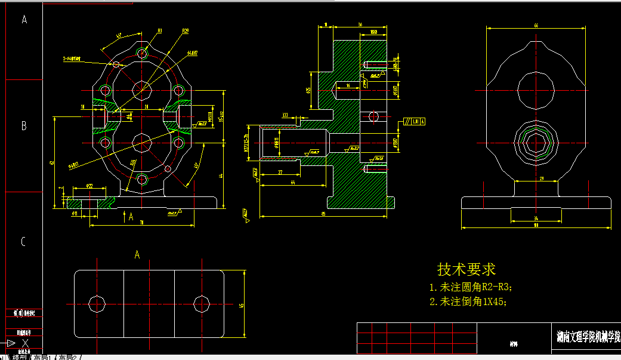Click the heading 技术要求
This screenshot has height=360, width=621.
pyautogui.click(x=466, y=269)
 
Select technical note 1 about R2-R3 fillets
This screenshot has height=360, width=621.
pyautogui.click(x=471, y=287)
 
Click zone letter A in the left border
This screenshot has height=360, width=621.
pyautogui.click(x=24, y=20)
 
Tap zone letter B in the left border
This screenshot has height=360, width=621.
pyautogui.click(x=24, y=126)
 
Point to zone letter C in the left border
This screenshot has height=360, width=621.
pyautogui.click(x=24, y=242)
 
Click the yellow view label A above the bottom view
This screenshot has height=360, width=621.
pyautogui.click(x=137, y=255)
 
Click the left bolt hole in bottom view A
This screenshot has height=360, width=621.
pyautogui.click(x=97, y=303)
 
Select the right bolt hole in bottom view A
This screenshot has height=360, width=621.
pyautogui.click(x=201, y=303)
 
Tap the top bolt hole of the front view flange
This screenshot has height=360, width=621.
pyautogui.click(x=142, y=53)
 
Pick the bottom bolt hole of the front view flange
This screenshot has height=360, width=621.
pyautogui.click(x=142, y=179)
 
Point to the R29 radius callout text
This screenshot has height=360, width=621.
pyautogui.click(x=186, y=31)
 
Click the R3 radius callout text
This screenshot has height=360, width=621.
pyautogui.click(x=160, y=31)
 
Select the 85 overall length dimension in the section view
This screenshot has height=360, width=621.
pyautogui.click(x=323, y=213)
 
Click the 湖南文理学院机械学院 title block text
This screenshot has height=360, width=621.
pyautogui.click(x=587, y=337)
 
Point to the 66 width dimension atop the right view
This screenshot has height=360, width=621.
pyautogui.click(x=536, y=26)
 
